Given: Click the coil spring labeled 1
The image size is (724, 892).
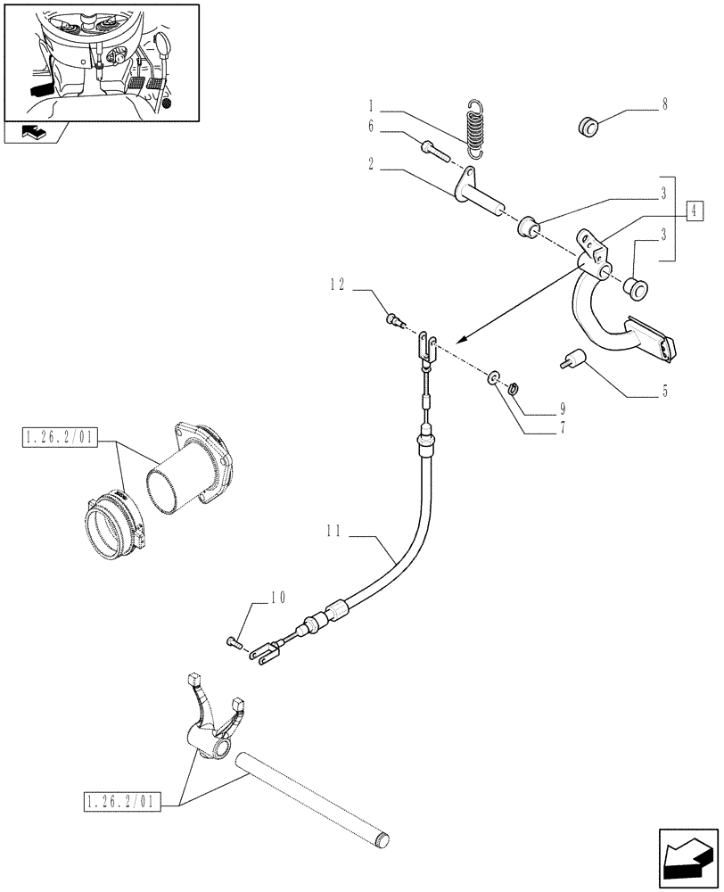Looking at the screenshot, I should click(480, 129).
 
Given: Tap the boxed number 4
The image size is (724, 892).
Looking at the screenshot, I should click(695, 211).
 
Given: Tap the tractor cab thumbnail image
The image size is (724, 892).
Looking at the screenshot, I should click(101, 61).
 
